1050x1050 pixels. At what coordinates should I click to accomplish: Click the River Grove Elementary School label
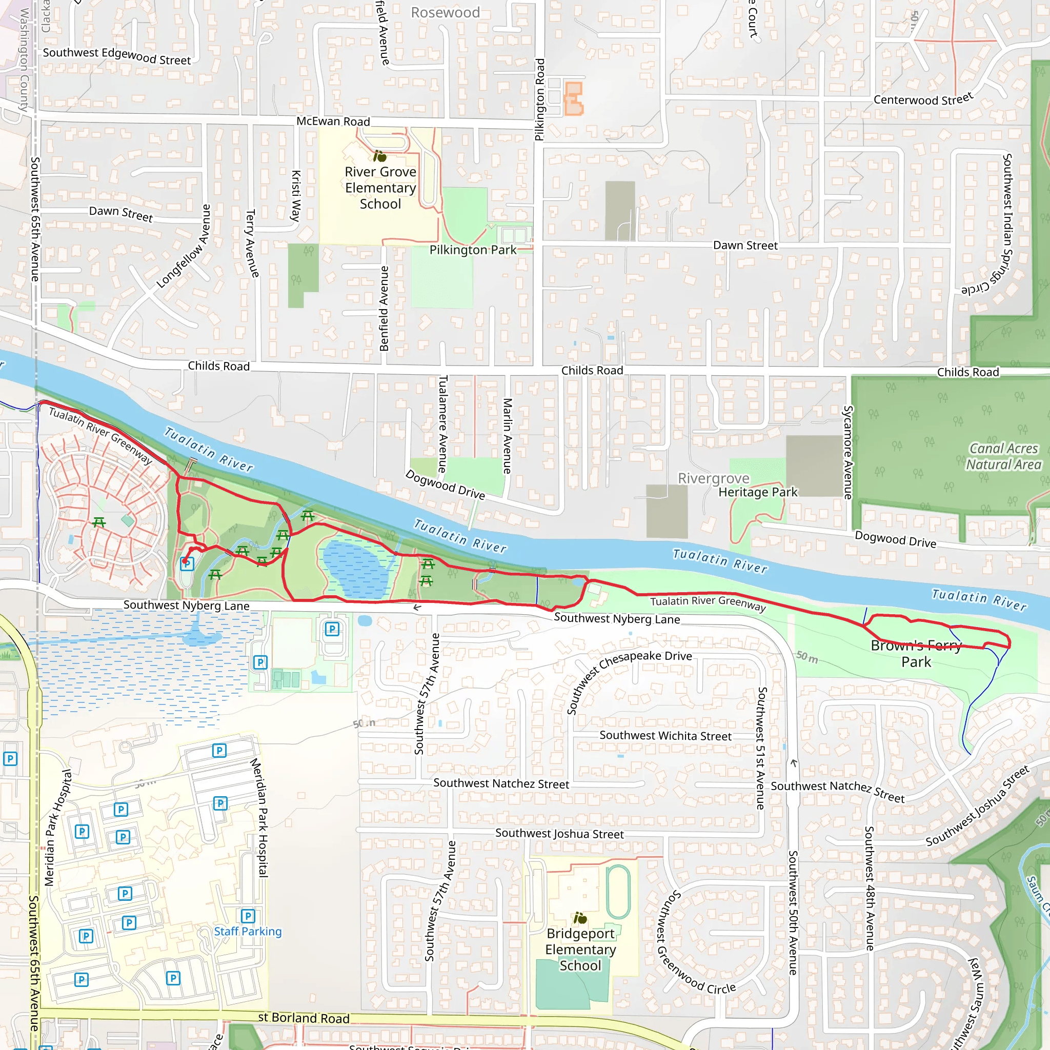380,188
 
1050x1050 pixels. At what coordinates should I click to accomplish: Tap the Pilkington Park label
472,250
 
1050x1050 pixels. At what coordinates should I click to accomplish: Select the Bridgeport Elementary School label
580,949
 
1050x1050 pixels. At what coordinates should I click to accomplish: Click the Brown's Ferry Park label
916,653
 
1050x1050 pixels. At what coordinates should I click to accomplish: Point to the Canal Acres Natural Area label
1003,456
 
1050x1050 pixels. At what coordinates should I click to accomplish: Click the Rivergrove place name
713,478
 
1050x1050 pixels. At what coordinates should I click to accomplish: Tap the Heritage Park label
758,492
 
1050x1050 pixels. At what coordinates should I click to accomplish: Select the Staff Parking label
248,931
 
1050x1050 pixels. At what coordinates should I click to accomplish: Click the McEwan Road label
333,121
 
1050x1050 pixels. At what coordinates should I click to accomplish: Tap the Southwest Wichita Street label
665,735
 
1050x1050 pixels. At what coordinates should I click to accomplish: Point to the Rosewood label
445,12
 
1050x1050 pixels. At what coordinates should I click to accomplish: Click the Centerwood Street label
923,99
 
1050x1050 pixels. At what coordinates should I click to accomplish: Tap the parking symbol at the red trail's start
187,564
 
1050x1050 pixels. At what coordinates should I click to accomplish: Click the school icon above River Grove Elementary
379,156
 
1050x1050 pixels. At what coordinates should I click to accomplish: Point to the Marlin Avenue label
507,436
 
